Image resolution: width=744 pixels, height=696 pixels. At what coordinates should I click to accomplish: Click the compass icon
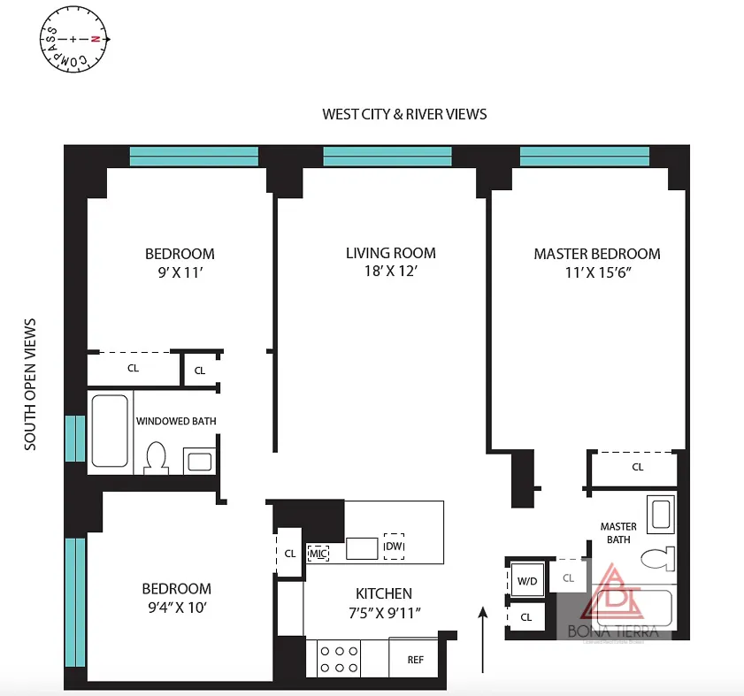coord(74,40)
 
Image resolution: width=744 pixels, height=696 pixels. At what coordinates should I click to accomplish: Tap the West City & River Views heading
coord(404,114)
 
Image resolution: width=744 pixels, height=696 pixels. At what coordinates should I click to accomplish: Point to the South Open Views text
coord(31,385)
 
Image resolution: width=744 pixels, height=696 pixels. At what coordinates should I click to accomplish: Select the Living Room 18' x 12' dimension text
coord(390,272)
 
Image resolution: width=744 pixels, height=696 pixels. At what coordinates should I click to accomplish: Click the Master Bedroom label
coord(596,254)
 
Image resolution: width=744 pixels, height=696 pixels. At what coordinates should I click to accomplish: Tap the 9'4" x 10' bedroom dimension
coord(177,607)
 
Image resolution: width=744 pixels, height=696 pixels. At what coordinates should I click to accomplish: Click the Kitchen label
coord(383,593)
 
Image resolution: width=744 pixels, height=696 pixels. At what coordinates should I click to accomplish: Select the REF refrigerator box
coord(415,660)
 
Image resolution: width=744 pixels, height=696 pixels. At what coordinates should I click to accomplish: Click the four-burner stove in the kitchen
coord(338,659)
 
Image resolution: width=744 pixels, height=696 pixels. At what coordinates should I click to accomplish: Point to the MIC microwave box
coord(318,554)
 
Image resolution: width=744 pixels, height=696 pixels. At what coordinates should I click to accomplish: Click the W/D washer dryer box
coord(527,581)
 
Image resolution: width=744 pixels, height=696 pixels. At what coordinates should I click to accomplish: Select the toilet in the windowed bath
coord(157,457)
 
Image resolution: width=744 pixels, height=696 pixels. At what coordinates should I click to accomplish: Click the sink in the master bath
coord(660,513)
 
